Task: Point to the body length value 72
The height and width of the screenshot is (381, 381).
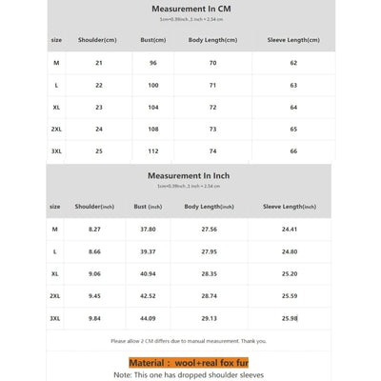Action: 212,107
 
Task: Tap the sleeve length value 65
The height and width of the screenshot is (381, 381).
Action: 293,129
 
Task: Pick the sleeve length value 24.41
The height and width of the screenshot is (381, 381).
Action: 290,230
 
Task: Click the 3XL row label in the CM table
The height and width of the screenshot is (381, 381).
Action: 56,150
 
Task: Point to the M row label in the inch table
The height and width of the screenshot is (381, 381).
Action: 55,230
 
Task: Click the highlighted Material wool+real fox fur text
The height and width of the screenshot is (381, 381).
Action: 189,363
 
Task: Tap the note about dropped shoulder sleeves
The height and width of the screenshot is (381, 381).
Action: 189,375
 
